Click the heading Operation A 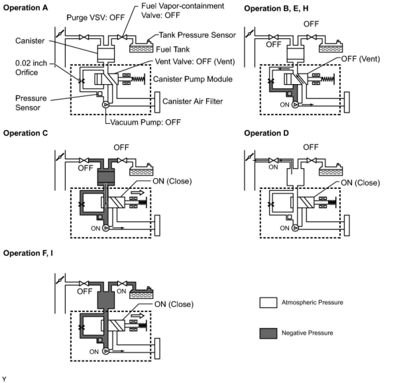(x=26, y=8)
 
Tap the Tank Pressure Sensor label (x=197, y=35)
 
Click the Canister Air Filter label (x=193, y=101)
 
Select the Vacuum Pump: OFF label (x=145, y=122)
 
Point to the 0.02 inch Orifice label (x=31, y=68)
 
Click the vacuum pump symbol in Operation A (x=105, y=105)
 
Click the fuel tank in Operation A (x=141, y=47)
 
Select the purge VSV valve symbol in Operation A (x=84, y=37)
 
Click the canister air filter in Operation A (x=157, y=102)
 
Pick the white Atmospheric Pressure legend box (x=268, y=302)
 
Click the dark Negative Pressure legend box (x=268, y=334)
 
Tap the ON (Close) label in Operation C (x=172, y=181)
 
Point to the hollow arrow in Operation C (x=138, y=192)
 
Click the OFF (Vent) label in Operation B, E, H (x=361, y=59)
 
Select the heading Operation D (x=266, y=133)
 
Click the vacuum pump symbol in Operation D (x=295, y=228)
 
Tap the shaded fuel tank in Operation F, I (x=141, y=293)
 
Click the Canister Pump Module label (x=193, y=79)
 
